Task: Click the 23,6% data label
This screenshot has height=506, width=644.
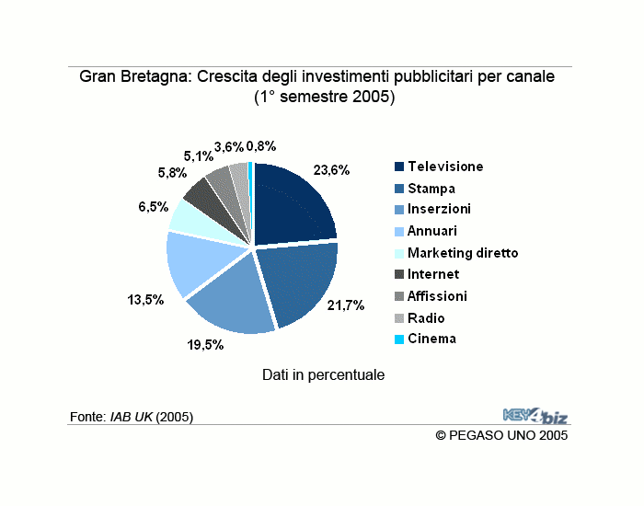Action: (x=331, y=170)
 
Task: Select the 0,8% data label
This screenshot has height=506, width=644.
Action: (x=261, y=146)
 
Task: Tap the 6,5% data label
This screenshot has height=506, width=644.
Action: (x=154, y=207)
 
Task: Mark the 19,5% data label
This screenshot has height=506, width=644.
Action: (x=205, y=345)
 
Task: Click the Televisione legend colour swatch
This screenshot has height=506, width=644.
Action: (x=399, y=167)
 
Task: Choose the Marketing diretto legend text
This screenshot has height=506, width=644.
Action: (x=463, y=253)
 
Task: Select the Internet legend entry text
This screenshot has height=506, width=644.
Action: (x=433, y=274)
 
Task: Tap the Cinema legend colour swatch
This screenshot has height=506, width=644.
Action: (x=399, y=339)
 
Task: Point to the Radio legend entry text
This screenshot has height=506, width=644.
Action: (x=426, y=318)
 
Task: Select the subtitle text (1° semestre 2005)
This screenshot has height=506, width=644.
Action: (x=325, y=97)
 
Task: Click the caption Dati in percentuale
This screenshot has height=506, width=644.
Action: (x=323, y=375)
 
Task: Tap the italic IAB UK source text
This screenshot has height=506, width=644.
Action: (x=131, y=417)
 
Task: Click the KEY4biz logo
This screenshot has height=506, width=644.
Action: (x=535, y=415)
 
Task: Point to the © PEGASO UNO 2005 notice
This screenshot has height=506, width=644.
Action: (x=501, y=435)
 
